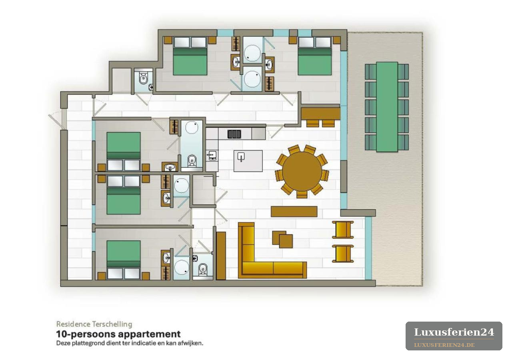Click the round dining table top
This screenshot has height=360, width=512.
tap(302, 172)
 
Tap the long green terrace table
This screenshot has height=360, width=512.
tap(387, 107)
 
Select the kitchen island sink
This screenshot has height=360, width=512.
tap(241, 157)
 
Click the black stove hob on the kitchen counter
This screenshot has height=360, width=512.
tap(234, 134)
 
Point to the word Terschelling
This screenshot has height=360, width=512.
tap(112, 324)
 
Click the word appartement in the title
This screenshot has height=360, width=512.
tap(150, 334)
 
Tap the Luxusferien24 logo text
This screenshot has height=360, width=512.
tap(454, 332)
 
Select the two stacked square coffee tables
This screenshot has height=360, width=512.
tap(282, 239)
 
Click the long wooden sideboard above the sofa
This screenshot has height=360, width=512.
tap(294, 212)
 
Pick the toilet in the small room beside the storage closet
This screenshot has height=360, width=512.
tap(143, 78)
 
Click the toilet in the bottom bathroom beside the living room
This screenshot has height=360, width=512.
tap(202, 269)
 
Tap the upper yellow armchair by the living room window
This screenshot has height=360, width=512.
tap(343, 230)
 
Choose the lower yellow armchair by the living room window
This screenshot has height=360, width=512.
tap(343, 254)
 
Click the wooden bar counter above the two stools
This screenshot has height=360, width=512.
tap(320, 114)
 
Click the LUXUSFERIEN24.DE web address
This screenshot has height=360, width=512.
tap(444, 345)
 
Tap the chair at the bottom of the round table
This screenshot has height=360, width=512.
tap(302, 194)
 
